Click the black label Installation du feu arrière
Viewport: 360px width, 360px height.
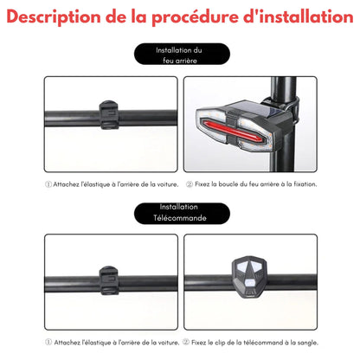pyautogui.click(x=179, y=56)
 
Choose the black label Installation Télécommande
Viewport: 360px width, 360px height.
pyautogui.click(x=179, y=213)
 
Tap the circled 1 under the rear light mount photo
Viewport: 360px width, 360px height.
pyautogui.click(x=48, y=183)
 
